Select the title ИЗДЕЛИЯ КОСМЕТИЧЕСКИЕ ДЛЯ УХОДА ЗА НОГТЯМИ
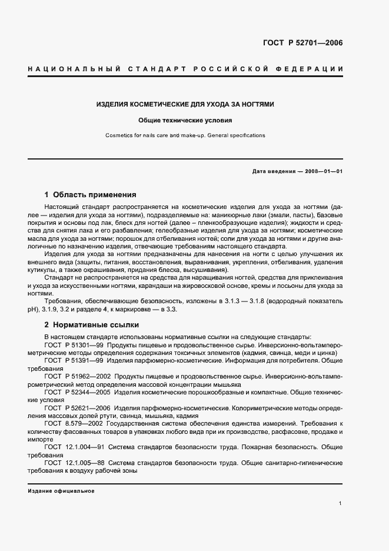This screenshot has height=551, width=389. tap(185, 104)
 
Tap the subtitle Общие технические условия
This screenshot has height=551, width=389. tap(185, 120)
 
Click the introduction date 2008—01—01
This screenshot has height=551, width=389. tap(322, 171)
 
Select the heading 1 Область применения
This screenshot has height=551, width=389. tap(90, 194)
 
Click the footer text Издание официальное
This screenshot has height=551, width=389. tap(61, 490)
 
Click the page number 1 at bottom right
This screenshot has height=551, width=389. tap(341, 504)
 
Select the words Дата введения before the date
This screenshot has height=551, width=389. tap(273, 171)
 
